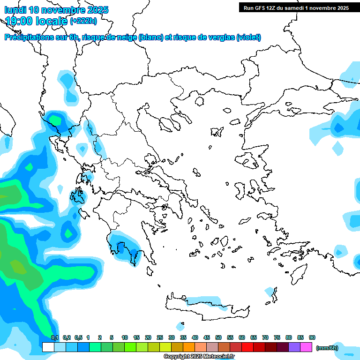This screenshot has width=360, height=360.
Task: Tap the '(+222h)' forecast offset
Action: [83, 21]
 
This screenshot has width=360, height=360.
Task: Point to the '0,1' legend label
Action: [55, 337]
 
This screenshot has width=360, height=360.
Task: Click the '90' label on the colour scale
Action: [312, 337]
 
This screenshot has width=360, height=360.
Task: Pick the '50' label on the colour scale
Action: [218, 337]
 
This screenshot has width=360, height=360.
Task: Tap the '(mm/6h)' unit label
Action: [327, 348]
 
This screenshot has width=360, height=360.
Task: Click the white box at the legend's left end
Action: [48, 347]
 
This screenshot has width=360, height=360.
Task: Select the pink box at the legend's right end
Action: [306, 347]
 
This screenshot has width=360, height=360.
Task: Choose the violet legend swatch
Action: [294, 347]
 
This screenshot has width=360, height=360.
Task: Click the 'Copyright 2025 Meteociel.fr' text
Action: [199, 357]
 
